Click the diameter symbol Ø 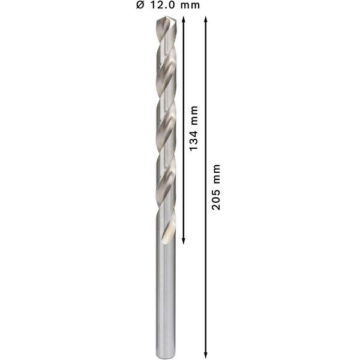pyautogui.click(x=140, y=6)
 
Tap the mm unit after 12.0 pyautogui.click(x=190, y=6)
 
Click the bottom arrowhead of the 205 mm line pyautogui.click(x=206, y=354)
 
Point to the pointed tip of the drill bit pyautogui.click(x=166, y=18)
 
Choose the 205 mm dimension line pyautogui.click(x=206, y=270)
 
